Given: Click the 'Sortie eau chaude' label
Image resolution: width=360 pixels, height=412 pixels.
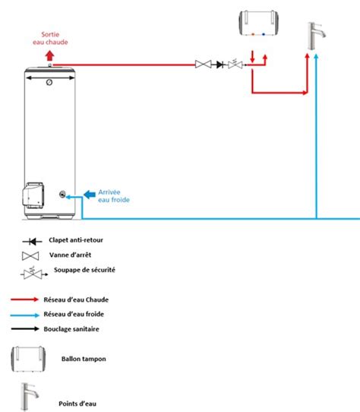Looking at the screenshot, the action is coord(50,38).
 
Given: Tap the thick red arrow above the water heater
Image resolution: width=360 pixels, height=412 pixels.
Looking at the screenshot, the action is coord(49,55).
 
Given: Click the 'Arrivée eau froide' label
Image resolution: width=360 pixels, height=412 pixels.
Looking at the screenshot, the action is coord(114,196).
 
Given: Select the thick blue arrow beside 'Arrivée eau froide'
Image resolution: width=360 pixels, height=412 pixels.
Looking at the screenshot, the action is coord(90,195).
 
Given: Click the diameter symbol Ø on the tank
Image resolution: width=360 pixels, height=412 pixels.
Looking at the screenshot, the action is coord(49,82).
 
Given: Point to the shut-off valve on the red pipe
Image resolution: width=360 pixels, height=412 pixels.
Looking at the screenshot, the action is coord(204,64).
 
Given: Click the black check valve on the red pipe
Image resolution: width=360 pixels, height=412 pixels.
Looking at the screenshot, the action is coord(220,65).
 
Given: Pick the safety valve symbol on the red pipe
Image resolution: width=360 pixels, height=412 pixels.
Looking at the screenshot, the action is coord(235,64).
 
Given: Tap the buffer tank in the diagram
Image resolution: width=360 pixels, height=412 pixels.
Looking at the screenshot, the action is coord(259,23).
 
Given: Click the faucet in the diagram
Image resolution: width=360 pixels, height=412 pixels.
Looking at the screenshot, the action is coord(316,36).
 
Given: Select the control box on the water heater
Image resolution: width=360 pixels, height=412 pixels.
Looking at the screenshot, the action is coord(33,195).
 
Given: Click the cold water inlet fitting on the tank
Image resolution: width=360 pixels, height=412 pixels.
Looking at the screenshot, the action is coord(62,195).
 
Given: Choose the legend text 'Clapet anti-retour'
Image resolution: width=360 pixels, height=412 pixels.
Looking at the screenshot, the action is coord(76,240).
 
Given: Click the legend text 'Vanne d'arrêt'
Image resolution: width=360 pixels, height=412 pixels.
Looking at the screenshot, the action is coord(70,255).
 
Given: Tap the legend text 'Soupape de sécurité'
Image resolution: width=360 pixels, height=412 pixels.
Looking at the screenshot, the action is coord(84,270).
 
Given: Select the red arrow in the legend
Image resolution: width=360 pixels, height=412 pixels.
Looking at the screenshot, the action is coord(24,299).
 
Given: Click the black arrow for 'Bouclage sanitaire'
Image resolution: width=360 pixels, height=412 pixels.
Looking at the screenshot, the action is coord(25,328).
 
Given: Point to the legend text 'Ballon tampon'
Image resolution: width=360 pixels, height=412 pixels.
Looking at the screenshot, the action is coord(84,359).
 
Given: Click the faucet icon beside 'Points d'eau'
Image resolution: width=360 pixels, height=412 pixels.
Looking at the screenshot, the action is coord(30,396).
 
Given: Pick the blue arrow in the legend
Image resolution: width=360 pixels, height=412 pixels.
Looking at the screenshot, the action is coord(25,315).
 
